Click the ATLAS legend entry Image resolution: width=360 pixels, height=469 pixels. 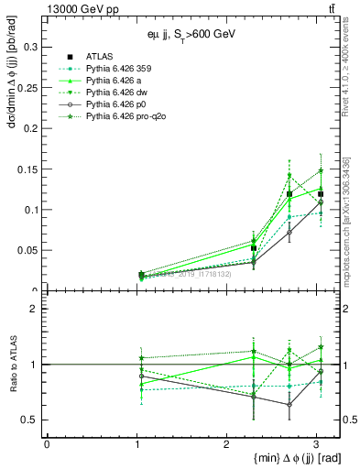(98, 54)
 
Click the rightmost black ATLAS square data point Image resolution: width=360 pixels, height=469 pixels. (321, 194)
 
